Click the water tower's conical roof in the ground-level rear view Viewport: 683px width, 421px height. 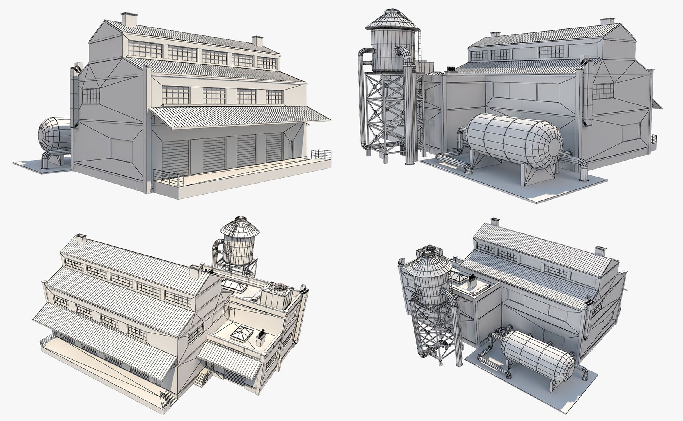tap(392, 19)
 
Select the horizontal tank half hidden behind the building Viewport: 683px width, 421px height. tap(55, 134)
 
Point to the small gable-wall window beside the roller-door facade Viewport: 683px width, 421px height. tap(91, 96)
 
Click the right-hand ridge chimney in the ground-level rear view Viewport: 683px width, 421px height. tap(605, 22)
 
